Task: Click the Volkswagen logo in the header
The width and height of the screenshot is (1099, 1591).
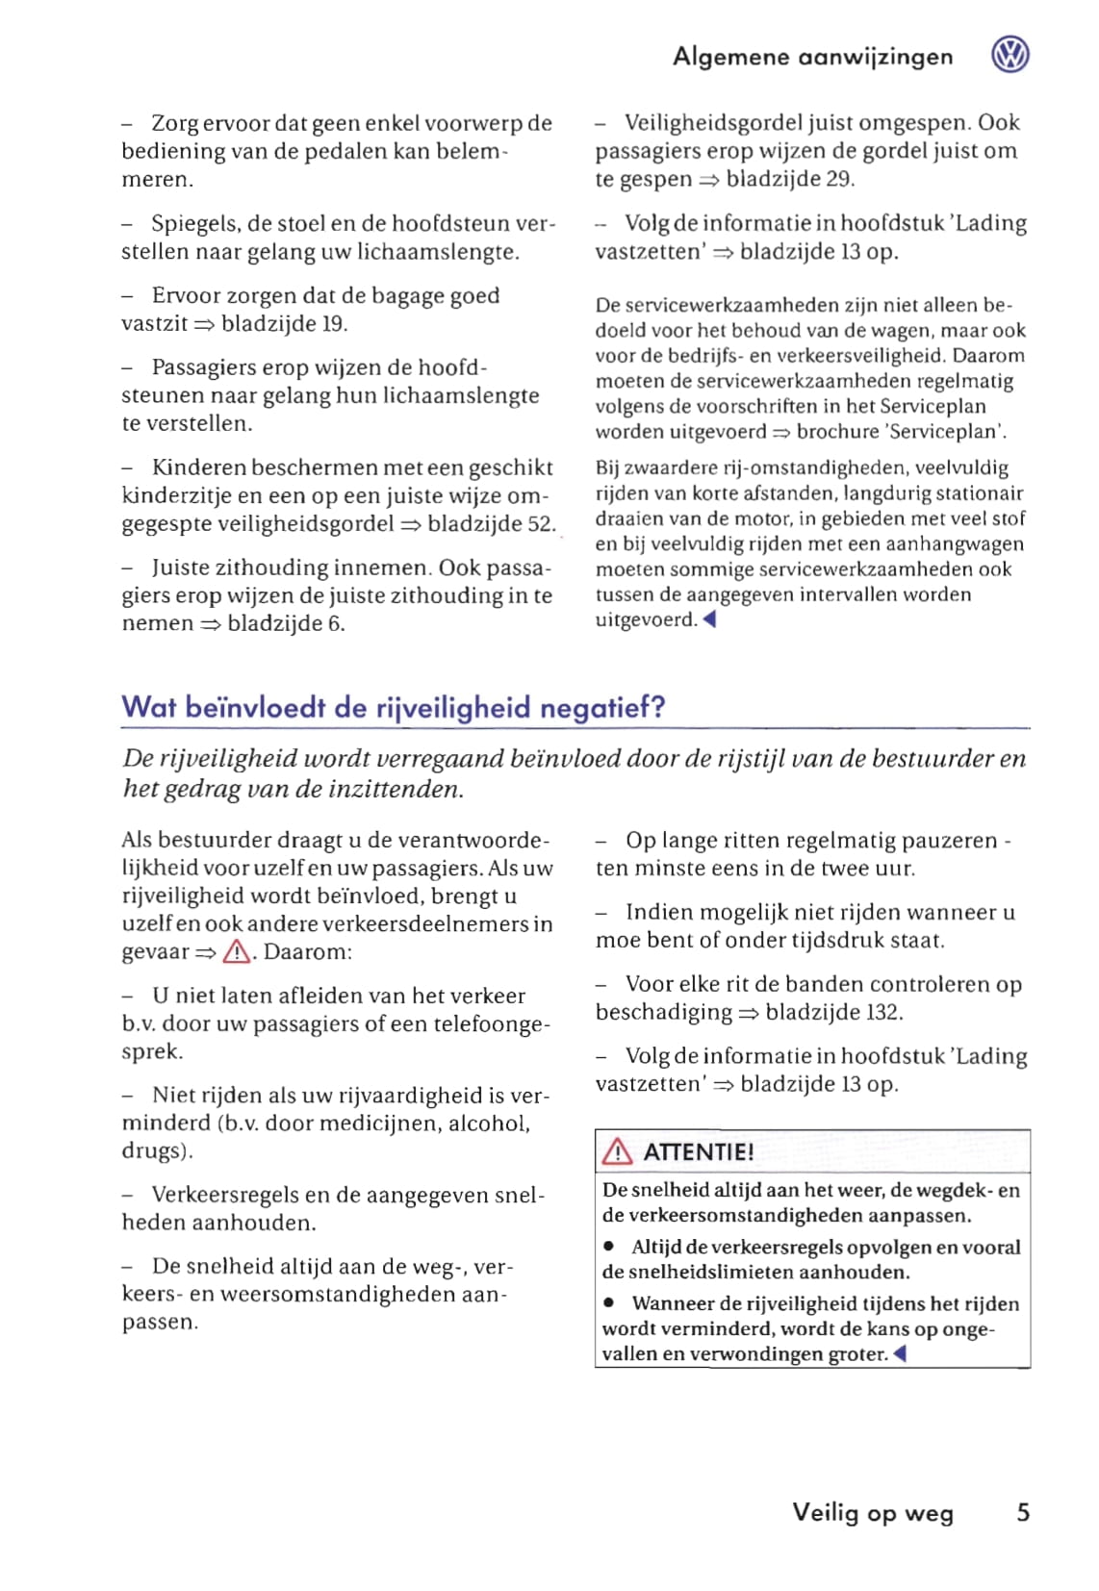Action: (x=1010, y=55)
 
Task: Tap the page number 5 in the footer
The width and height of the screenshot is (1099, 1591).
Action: (x=1023, y=1512)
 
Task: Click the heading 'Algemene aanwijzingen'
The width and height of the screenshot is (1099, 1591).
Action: (x=812, y=57)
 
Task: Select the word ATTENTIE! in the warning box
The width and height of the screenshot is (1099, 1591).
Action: (x=698, y=1151)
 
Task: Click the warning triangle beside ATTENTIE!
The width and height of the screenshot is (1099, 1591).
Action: (x=617, y=1151)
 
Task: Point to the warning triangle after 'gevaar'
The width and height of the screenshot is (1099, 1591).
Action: (x=237, y=952)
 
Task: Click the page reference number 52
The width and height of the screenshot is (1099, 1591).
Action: (x=541, y=524)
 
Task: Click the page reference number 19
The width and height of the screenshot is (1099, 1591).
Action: (x=333, y=324)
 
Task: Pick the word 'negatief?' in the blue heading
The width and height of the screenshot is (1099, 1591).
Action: (x=602, y=708)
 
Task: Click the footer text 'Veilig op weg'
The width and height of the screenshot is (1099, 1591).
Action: (x=873, y=1512)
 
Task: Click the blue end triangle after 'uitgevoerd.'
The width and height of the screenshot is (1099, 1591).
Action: (x=709, y=619)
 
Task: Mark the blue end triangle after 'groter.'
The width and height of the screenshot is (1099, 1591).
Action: (x=900, y=1353)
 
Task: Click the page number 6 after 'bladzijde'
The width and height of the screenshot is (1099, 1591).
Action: (x=335, y=623)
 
